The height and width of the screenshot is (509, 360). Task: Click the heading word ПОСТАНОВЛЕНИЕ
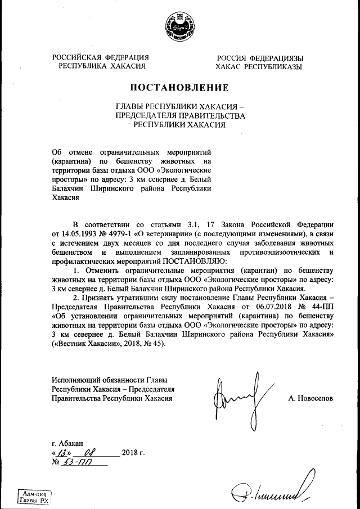[179, 88]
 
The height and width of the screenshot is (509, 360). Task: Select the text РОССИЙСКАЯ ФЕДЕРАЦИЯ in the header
[101, 58]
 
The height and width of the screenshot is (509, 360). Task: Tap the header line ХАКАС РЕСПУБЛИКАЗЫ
[259, 66]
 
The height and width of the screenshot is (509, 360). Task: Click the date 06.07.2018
[261, 308]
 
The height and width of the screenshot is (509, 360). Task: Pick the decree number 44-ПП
[321, 308]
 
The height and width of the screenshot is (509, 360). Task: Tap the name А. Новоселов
[310, 398]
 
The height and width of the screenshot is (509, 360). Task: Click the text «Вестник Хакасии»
[84, 344]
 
